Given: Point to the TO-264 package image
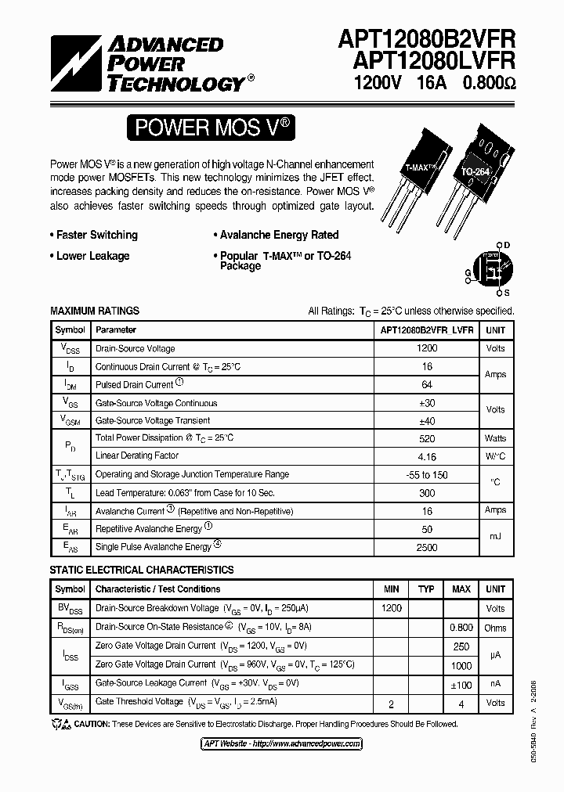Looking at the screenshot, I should coord(477,168).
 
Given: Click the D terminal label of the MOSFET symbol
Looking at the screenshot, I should coord(507,245).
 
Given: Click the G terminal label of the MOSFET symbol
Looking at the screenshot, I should coord(468,273).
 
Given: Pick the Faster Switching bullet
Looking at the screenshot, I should coord(95,235).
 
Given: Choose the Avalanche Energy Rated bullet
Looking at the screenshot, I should coord(276,235).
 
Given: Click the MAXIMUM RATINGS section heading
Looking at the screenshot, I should coord(95,311).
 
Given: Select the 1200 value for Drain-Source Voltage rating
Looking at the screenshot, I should coord(427,348).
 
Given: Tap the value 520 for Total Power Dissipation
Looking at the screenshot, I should coord(427,438).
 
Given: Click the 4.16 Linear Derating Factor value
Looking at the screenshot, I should coord(427,456).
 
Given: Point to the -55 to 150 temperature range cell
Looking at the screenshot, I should coord(427,475).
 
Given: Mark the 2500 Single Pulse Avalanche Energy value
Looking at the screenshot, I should coord(427,547).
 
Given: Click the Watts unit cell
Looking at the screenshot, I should coord(495,438).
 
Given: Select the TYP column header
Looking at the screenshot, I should coord(426,589).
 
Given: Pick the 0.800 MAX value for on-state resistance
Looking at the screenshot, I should coord(461,627).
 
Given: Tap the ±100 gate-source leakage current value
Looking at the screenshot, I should coord(461,684).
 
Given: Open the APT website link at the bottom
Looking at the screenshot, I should coord(282,743).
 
